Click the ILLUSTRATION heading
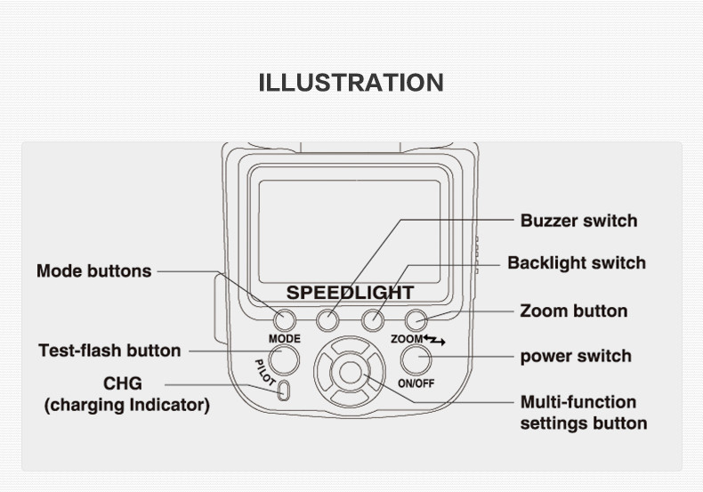351,83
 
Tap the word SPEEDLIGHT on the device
350,293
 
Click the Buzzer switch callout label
578,221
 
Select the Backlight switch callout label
577,262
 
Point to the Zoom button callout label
573,311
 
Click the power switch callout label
576,356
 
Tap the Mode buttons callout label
93,270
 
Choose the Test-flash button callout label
109,351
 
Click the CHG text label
123,383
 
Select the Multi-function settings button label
583,413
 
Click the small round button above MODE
284,320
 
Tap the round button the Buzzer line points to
327,320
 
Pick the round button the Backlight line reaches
373,320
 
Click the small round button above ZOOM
416,320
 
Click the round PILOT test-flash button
284,359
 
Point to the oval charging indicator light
283,391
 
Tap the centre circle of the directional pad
350,373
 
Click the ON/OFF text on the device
416,383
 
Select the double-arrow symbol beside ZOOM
434,340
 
